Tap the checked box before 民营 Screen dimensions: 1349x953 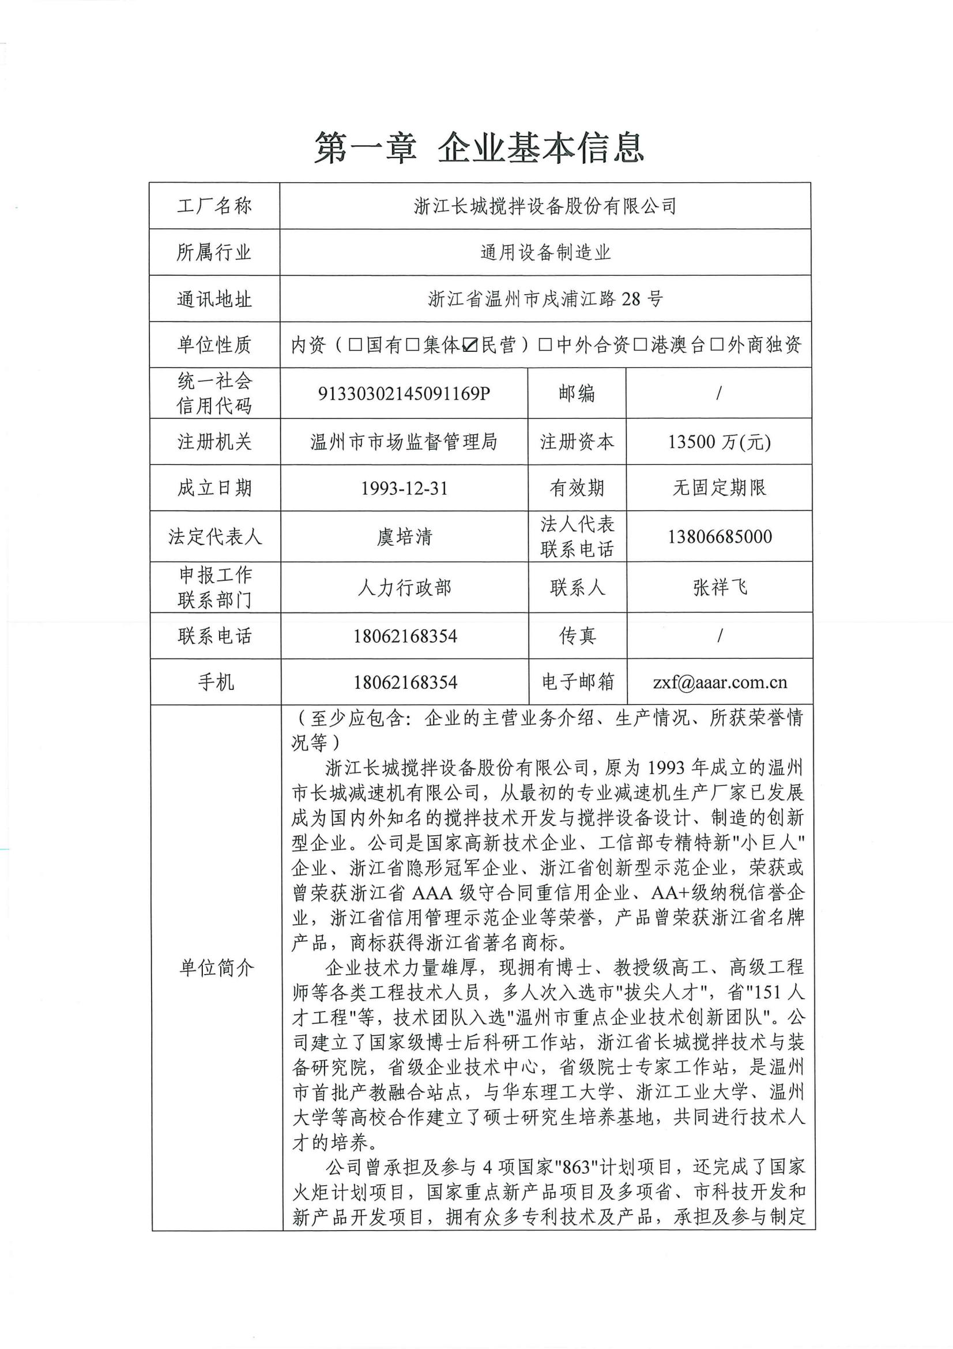(x=470, y=345)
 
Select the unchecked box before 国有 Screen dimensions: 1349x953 (x=355, y=345)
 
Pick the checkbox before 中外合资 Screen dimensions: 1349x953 (x=545, y=345)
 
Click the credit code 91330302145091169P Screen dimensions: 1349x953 (x=404, y=393)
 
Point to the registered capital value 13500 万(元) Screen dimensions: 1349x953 (x=719, y=441)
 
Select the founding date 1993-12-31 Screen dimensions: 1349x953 (x=404, y=489)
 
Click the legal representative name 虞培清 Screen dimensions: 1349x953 (x=404, y=536)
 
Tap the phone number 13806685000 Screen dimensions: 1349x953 (x=720, y=536)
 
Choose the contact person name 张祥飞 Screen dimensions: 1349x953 (x=720, y=587)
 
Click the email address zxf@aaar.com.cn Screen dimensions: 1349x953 (x=720, y=682)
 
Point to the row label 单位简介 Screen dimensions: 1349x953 (x=216, y=967)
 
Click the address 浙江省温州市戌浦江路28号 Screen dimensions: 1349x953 (x=545, y=299)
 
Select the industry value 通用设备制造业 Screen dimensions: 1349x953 (x=545, y=253)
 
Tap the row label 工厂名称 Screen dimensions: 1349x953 (x=214, y=206)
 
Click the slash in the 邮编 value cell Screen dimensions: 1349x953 (x=719, y=393)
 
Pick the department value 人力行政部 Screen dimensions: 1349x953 (x=404, y=587)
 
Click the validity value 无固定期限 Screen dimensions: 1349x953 (x=720, y=488)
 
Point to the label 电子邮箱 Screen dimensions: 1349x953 (x=578, y=682)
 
